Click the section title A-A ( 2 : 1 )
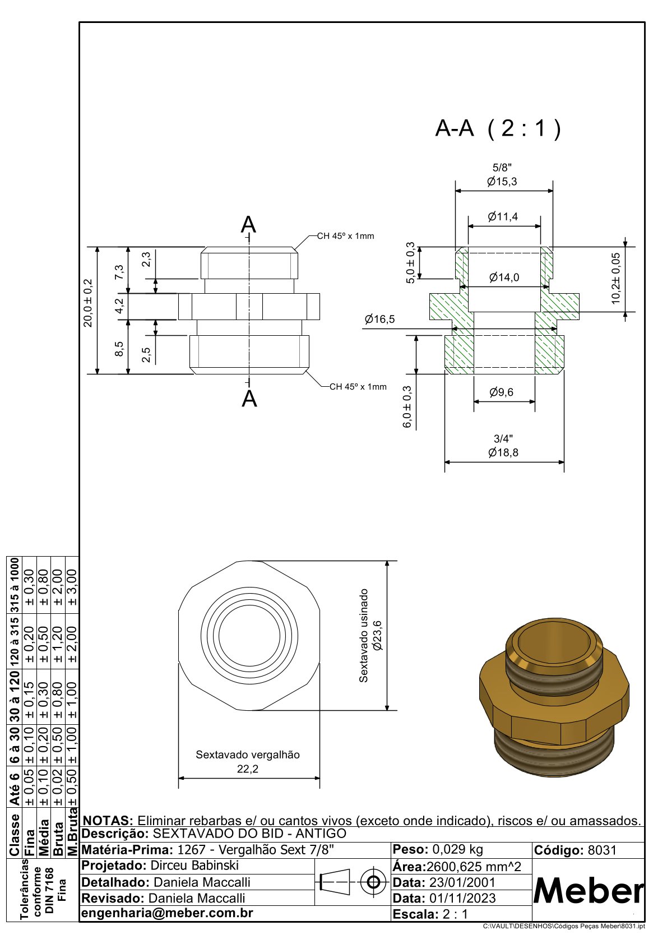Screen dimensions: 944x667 (x=498, y=129)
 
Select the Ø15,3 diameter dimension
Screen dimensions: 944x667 (x=502, y=182)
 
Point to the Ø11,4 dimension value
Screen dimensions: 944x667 (x=503, y=217)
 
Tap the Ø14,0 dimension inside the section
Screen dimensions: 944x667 (x=504, y=277)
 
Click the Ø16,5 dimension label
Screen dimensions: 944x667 (x=379, y=320)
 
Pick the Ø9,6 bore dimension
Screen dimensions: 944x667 (x=501, y=392)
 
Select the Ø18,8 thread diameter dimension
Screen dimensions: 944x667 (x=503, y=452)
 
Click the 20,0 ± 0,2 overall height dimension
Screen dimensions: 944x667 (x=89, y=303)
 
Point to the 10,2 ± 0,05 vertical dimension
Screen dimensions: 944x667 (x=616, y=279)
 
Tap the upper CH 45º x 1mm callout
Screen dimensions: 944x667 (x=345, y=236)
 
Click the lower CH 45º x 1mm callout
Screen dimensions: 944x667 (x=358, y=387)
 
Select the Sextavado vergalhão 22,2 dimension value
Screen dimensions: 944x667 (x=247, y=769)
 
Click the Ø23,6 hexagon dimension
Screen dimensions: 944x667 (x=377, y=635)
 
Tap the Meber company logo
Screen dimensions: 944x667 (x=588, y=890)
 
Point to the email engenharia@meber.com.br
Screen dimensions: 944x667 (x=168, y=913)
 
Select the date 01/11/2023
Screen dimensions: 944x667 (x=462, y=898)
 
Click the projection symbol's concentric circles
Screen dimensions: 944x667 (x=373, y=882)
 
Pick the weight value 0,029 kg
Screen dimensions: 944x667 (x=457, y=849)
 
